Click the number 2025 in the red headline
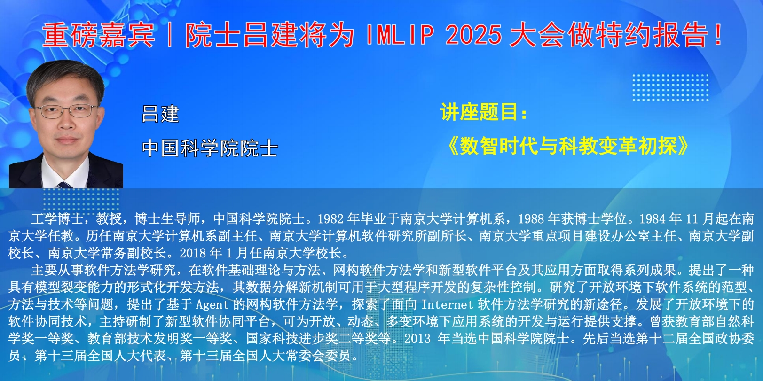click(473, 35)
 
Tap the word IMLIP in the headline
click(400, 35)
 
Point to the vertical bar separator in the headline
click(170, 35)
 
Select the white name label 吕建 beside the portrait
click(160, 114)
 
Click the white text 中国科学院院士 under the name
click(210, 148)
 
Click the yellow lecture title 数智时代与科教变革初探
click(568, 146)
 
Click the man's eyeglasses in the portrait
click(67, 111)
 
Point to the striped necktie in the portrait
click(65, 185)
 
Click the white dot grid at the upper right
click(670, 87)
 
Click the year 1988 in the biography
click(531, 219)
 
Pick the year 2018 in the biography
click(192, 253)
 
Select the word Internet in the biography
click(447, 304)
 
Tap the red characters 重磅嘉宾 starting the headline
click(98, 35)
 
